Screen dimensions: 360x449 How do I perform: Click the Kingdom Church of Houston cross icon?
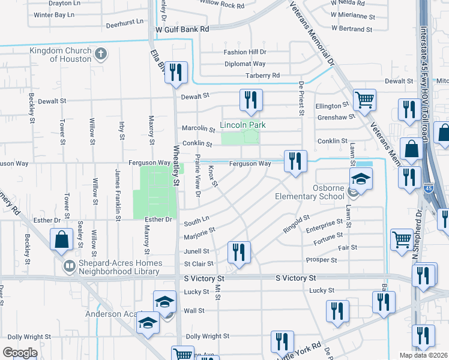tap(101, 54)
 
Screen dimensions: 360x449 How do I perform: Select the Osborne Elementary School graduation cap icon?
tap(361, 179)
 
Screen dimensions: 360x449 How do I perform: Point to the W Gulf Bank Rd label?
tap(182, 29)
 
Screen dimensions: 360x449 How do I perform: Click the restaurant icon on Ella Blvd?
tap(176, 73)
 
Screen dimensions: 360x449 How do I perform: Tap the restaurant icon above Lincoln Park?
tap(251, 100)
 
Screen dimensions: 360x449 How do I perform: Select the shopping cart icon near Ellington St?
tap(364, 100)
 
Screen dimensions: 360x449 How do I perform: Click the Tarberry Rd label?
tap(262, 76)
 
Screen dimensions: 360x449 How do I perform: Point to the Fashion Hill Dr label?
tap(245, 52)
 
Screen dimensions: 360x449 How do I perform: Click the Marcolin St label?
tap(199, 128)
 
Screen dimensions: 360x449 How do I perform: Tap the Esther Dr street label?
tap(158, 220)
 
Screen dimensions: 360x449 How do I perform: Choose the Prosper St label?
tap(321, 260)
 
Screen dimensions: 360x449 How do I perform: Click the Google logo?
tap(20, 352)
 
